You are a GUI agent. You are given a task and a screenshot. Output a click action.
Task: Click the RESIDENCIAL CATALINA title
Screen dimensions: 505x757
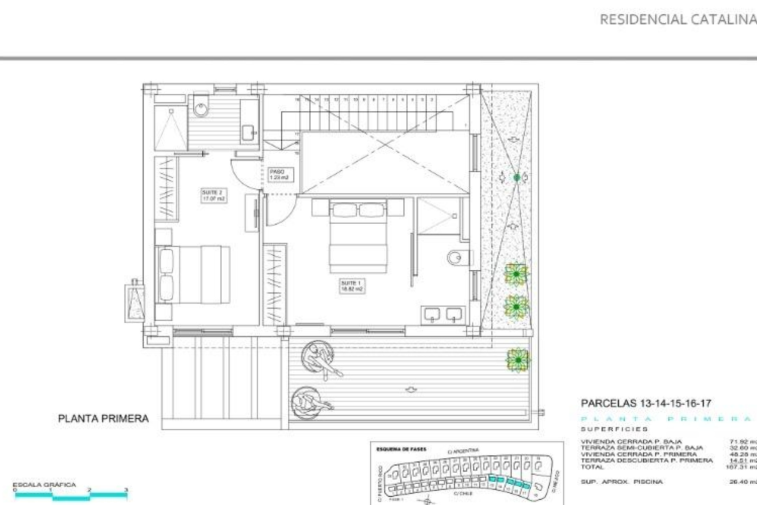click(677, 20)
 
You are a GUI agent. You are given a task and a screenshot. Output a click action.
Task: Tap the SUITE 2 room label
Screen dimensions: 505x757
click(213, 196)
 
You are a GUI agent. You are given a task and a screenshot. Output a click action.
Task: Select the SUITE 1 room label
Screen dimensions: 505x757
click(352, 286)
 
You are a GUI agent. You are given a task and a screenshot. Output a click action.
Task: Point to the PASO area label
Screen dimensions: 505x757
click(279, 175)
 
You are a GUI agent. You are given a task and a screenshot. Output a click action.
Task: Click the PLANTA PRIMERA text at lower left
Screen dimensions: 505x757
click(103, 419)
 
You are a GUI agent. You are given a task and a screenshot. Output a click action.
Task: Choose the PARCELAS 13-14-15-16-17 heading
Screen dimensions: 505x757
click(646, 404)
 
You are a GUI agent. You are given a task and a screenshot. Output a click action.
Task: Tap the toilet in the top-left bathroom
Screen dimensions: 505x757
click(201, 106)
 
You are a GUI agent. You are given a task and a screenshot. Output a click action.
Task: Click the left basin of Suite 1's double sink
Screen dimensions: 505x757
click(432, 314)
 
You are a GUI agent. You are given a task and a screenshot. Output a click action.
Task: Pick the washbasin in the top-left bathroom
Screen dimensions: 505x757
click(248, 132)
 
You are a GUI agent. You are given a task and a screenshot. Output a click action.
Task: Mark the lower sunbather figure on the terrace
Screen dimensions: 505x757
click(310, 404)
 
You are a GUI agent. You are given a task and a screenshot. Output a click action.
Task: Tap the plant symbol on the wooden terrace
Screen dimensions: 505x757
click(518, 360)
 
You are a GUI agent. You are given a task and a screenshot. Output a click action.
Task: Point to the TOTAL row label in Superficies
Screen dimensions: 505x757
click(592, 467)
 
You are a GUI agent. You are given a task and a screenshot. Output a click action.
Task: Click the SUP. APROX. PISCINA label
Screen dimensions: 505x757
click(621, 482)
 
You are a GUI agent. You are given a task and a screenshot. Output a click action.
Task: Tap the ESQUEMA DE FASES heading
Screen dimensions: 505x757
click(401, 449)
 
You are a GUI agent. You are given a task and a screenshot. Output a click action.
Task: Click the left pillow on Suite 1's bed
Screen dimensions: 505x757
click(344, 210)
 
